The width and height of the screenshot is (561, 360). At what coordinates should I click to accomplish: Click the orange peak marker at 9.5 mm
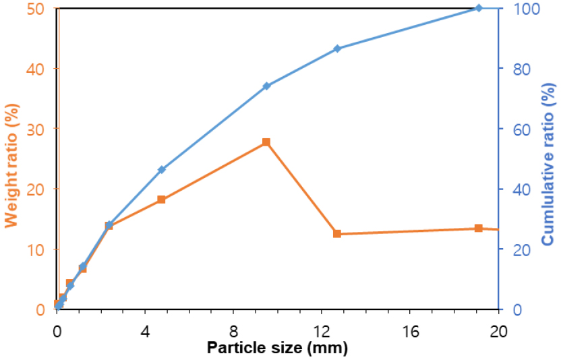266,142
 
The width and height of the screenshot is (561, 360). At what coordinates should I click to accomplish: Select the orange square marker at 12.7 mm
337,234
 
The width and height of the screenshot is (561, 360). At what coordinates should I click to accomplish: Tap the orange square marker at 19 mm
479,229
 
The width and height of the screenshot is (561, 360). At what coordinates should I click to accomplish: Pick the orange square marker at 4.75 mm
162,200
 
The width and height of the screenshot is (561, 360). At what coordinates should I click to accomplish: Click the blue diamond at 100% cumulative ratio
479,8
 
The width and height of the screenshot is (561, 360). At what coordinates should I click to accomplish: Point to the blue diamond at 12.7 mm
337,49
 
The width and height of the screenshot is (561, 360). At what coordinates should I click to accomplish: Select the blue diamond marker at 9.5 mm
266,86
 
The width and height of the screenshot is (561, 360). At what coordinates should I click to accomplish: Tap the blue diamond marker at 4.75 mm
162,169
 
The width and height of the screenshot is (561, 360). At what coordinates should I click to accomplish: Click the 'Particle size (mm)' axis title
277,349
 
